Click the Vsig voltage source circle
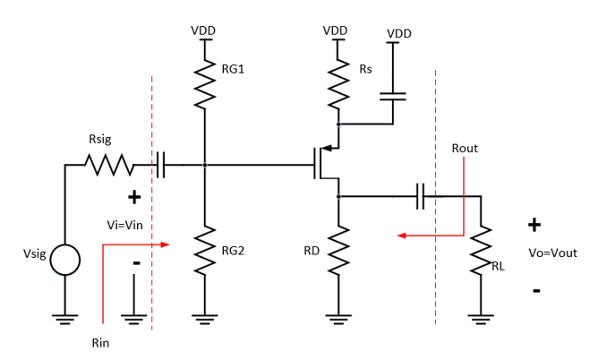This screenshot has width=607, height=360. tap(64, 261)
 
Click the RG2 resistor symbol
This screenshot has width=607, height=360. tap(205, 249)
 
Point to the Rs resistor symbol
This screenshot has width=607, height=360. tap(338, 83)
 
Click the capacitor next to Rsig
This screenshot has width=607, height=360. tap(161, 165)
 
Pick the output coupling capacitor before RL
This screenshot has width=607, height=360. tap(420, 196)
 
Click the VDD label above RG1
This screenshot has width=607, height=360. tap(203, 30)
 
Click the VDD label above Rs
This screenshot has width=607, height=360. tap(335, 30)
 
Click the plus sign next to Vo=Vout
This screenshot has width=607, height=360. tap(534, 225)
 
